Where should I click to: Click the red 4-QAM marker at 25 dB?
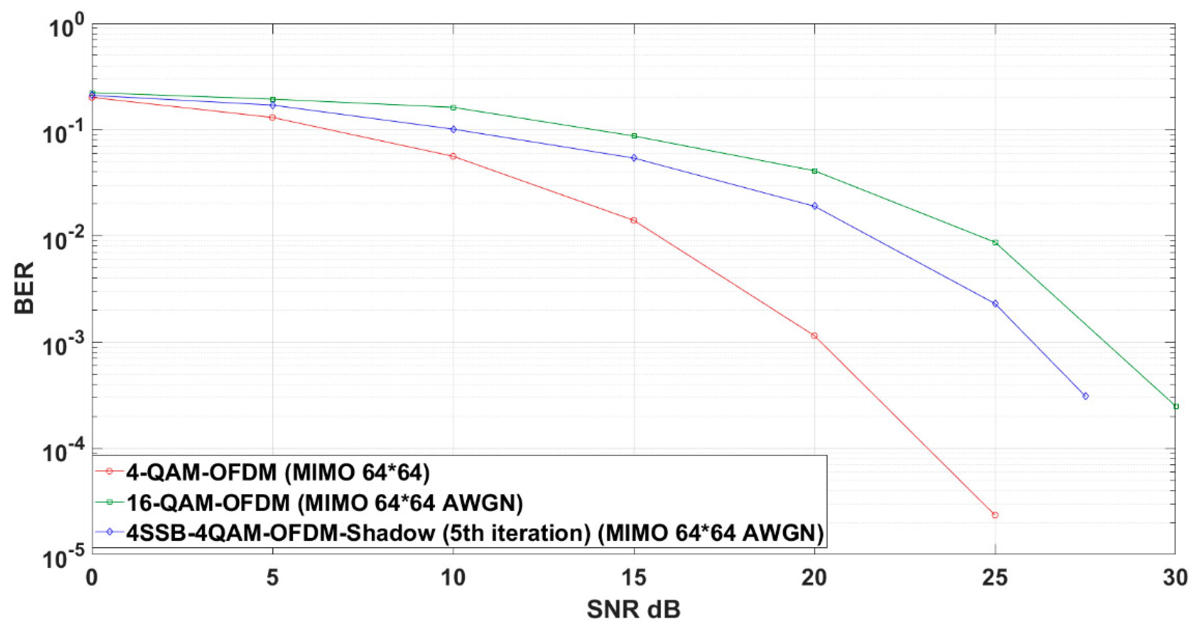click(x=995, y=515)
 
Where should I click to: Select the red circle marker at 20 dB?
click(x=814, y=336)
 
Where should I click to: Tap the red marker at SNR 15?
click(x=634, y=220)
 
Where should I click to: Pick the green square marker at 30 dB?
click(x=1176, y=407)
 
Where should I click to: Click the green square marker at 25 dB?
click(x=995, y=243)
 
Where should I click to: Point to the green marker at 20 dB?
click(x=814, y=171)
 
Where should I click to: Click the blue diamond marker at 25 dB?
click(x=995, y=304)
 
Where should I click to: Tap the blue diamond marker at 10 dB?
click(x=453, y=129)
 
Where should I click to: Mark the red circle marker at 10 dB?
click(x=453, y=157)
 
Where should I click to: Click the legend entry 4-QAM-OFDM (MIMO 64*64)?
click(x=278, y=472)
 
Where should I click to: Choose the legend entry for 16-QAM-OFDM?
click(x=324, y=503)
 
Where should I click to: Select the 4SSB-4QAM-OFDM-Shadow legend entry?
click(x=474, y=533)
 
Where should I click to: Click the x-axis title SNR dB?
click(x=633, y=609)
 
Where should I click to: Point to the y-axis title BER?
click(x=24, y=288)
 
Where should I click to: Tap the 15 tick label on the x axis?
click(x=634, y=578)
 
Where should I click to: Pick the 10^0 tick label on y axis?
click(x=63, y=27)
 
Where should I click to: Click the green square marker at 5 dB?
click(x=273, y=99)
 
